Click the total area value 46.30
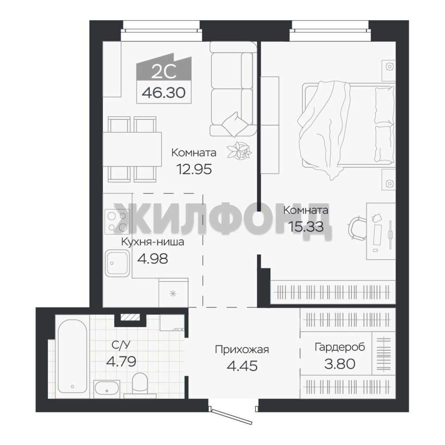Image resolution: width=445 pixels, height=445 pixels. [x=164, y=92]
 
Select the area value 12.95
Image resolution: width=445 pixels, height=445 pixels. [x=194, y=169]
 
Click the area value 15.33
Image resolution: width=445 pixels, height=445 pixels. [x=306, y=227]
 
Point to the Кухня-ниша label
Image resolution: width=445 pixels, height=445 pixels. [x=153, y=242]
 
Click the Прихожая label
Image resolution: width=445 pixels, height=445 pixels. [x=242, y=350]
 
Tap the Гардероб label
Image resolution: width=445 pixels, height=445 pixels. [x=340, y=347]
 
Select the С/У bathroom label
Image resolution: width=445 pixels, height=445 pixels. [x=121, y=345]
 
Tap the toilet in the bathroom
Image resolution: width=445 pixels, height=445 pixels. [x=140, y=385]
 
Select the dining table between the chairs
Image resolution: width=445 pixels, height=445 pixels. [x=132, y=149]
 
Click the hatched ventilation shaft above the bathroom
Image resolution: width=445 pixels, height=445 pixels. [x=130, y=317]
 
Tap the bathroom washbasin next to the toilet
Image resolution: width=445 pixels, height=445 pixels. [x=107, y=388]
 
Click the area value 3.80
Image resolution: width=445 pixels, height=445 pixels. [x=340, y=363]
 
